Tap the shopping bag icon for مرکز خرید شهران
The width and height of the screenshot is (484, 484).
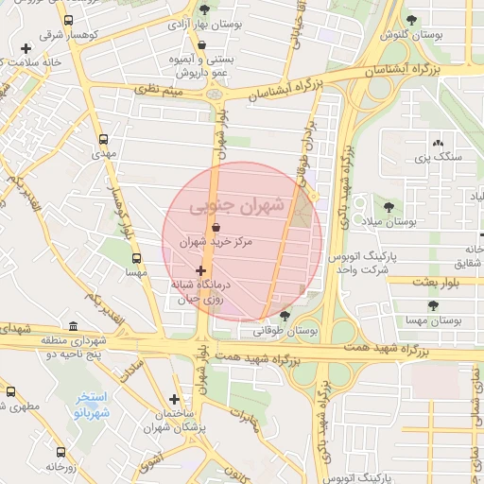point(218,228)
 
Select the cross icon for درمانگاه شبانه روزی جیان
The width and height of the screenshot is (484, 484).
point(199,271)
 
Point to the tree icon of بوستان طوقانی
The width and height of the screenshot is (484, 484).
point(285,315)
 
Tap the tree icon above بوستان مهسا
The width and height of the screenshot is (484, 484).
point(433,305)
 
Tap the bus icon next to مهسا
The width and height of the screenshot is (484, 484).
point(137,257)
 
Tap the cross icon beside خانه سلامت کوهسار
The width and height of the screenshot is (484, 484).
point(25,48)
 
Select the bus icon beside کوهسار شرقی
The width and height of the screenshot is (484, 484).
point(68,20)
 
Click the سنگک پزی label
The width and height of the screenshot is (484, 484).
point(443,156)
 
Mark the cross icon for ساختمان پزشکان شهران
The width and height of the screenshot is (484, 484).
point(174,399)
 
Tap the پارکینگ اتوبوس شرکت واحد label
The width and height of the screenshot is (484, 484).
point(359,263)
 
